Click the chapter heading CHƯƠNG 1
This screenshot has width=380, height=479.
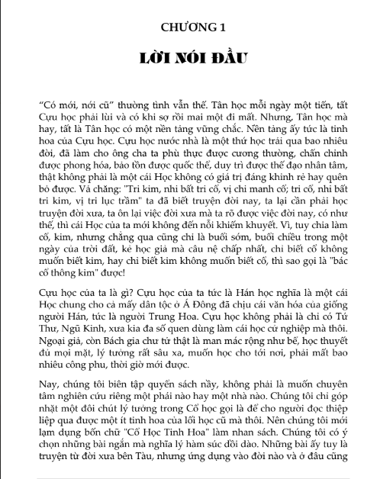pos(194,28)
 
